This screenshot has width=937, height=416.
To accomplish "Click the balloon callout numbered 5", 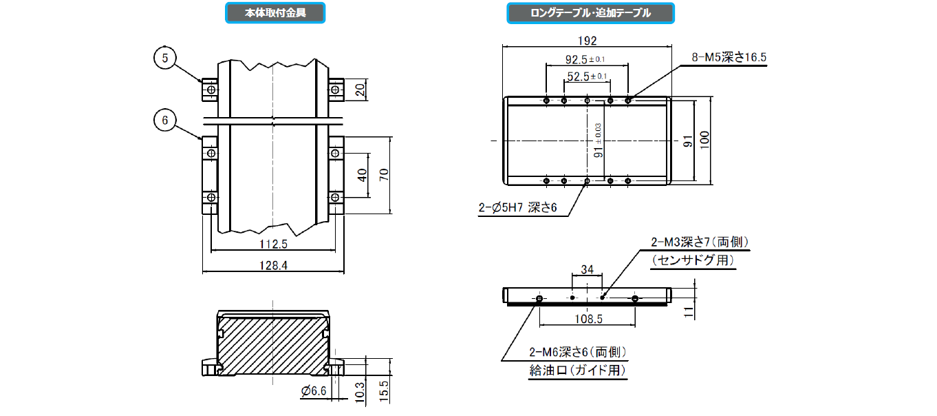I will click(165, 59).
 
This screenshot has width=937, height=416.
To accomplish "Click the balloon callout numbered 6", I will click(165, 121).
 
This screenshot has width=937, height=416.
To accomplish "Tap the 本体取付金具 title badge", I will click(275, 12).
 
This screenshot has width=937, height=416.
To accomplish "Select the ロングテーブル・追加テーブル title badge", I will click(590, 13).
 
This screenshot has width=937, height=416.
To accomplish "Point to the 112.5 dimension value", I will click(273, 243).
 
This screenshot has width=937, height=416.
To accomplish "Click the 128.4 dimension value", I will click(273, 265).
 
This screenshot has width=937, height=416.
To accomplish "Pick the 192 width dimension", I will click(587, 41).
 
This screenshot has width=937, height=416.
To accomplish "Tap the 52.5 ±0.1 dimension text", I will click(586, 76).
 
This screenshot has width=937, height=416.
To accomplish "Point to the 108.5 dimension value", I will click(588, 320).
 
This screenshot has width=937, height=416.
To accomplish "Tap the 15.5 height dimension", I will click(384, 390).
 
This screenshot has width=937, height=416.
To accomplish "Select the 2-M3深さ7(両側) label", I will click(700, 242).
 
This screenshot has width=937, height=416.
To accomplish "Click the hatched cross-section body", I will click(272, 344).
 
